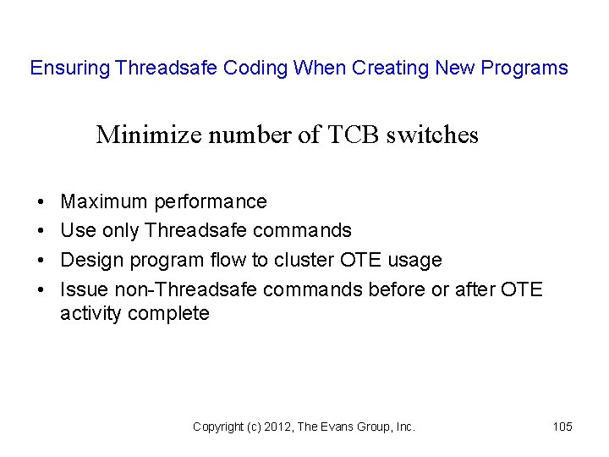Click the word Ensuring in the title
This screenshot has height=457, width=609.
point(70,69)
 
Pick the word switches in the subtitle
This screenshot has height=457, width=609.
point(432,135)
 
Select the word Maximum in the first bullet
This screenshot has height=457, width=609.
point(104,202)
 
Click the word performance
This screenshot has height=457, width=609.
point(211,202)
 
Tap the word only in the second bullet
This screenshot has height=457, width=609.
point(121,230)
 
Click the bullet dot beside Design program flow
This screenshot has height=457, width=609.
point(41,260)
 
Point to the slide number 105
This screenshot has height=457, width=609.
point(562,427)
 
